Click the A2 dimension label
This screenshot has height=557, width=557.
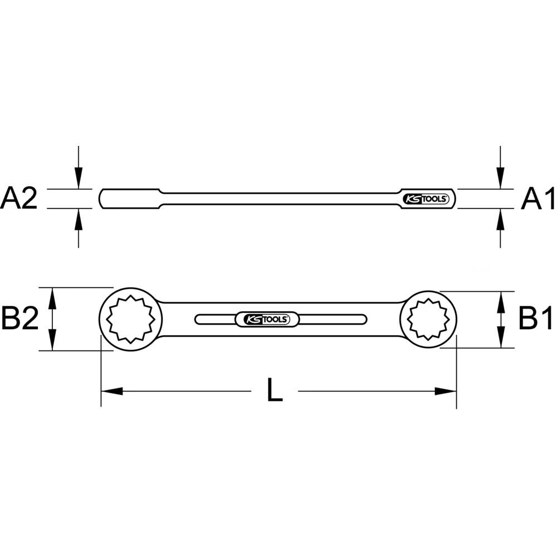(x=19, y=199)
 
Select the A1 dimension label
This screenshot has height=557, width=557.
(x=538, y=199)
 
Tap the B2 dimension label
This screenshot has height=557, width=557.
(x=19, y=319)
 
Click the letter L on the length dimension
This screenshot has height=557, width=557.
(x=274, y=391)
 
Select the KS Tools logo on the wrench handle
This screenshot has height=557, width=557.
(x=266, y=319)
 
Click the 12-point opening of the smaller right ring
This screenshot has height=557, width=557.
(x=428, y=319)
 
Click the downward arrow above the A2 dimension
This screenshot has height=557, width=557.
(x=79, y=178)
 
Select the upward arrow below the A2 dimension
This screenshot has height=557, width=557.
(x=79, y=220)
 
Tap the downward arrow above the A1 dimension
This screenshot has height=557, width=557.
(x=501, y=178)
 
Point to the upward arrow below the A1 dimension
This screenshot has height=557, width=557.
(x=501, y=220)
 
